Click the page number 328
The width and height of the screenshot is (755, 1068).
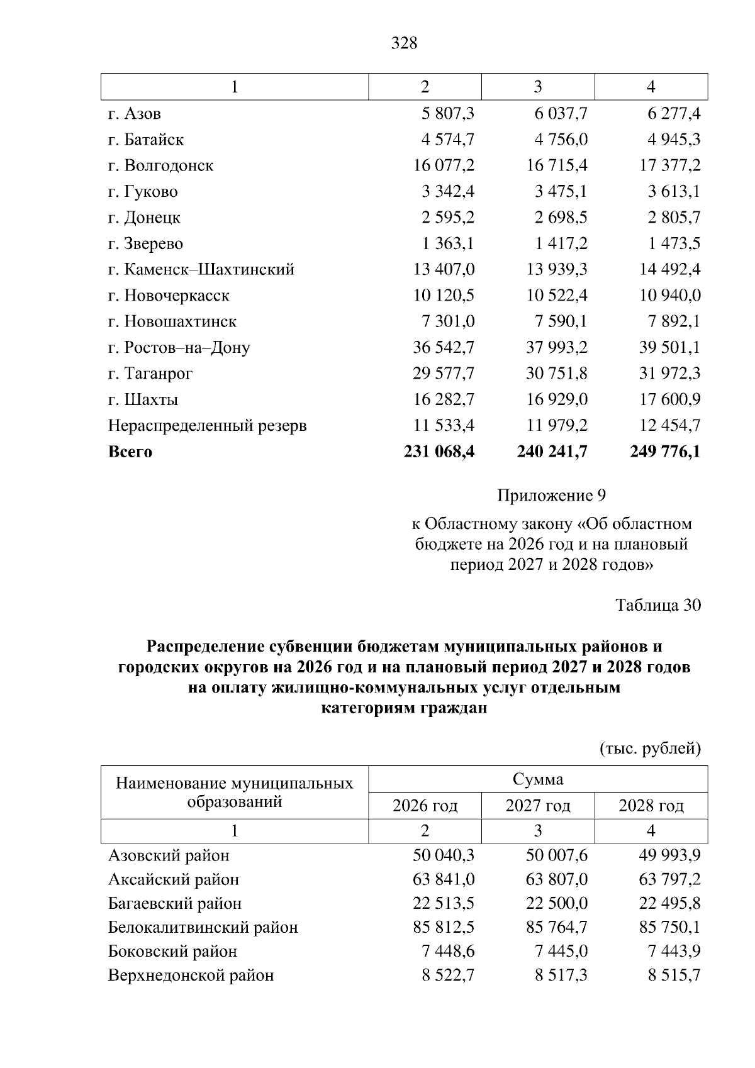pyautogui.click(x=404, y=43)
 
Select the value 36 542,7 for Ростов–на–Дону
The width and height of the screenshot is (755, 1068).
pyautogui.click(x=444, y=347)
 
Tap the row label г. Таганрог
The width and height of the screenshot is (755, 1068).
pyautogui.click(x=150, y=374)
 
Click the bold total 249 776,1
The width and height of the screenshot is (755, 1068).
pyautogui.click(x=665, y=452)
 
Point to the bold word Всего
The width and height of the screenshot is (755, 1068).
pyautogui.click(x=130, y=452)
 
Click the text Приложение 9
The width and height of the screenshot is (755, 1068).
pyautogui.click(x=551, y=496)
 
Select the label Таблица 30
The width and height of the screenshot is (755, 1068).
pyautogui.click(x=657, y=605)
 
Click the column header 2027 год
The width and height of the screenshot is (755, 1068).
pyautogui.click(x=538, y=806)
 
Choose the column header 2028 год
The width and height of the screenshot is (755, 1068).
pyautogui.click(x=651, y=806)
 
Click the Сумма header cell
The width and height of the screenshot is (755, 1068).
pyautogui.click(x=538, y=780)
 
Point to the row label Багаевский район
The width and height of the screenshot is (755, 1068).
pyautogui.click(x=175, y=904)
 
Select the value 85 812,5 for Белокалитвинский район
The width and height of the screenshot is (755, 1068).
pyautogui.click(x=444, y=928)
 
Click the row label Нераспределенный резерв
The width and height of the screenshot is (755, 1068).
pyautogui.click(x=208, y=426)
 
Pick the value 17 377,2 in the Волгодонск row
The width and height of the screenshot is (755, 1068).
pyautogui.click(x=669, y=165)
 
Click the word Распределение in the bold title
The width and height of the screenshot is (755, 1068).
pyautogui.click(x=205, y=647)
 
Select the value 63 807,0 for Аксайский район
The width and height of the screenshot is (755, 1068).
pyautogui.click(x=557, y=879)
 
